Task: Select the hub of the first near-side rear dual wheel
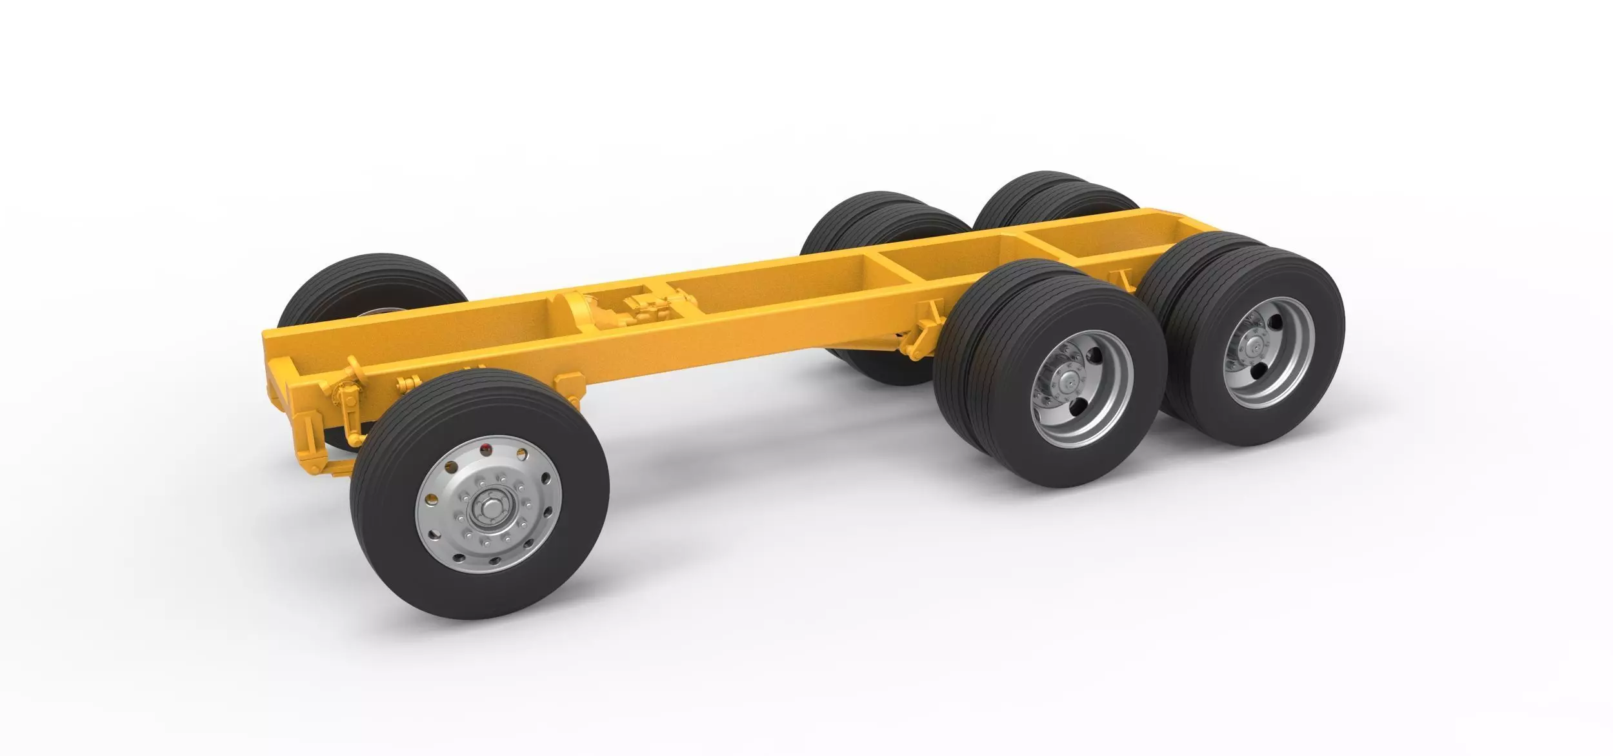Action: [1069, 386]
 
